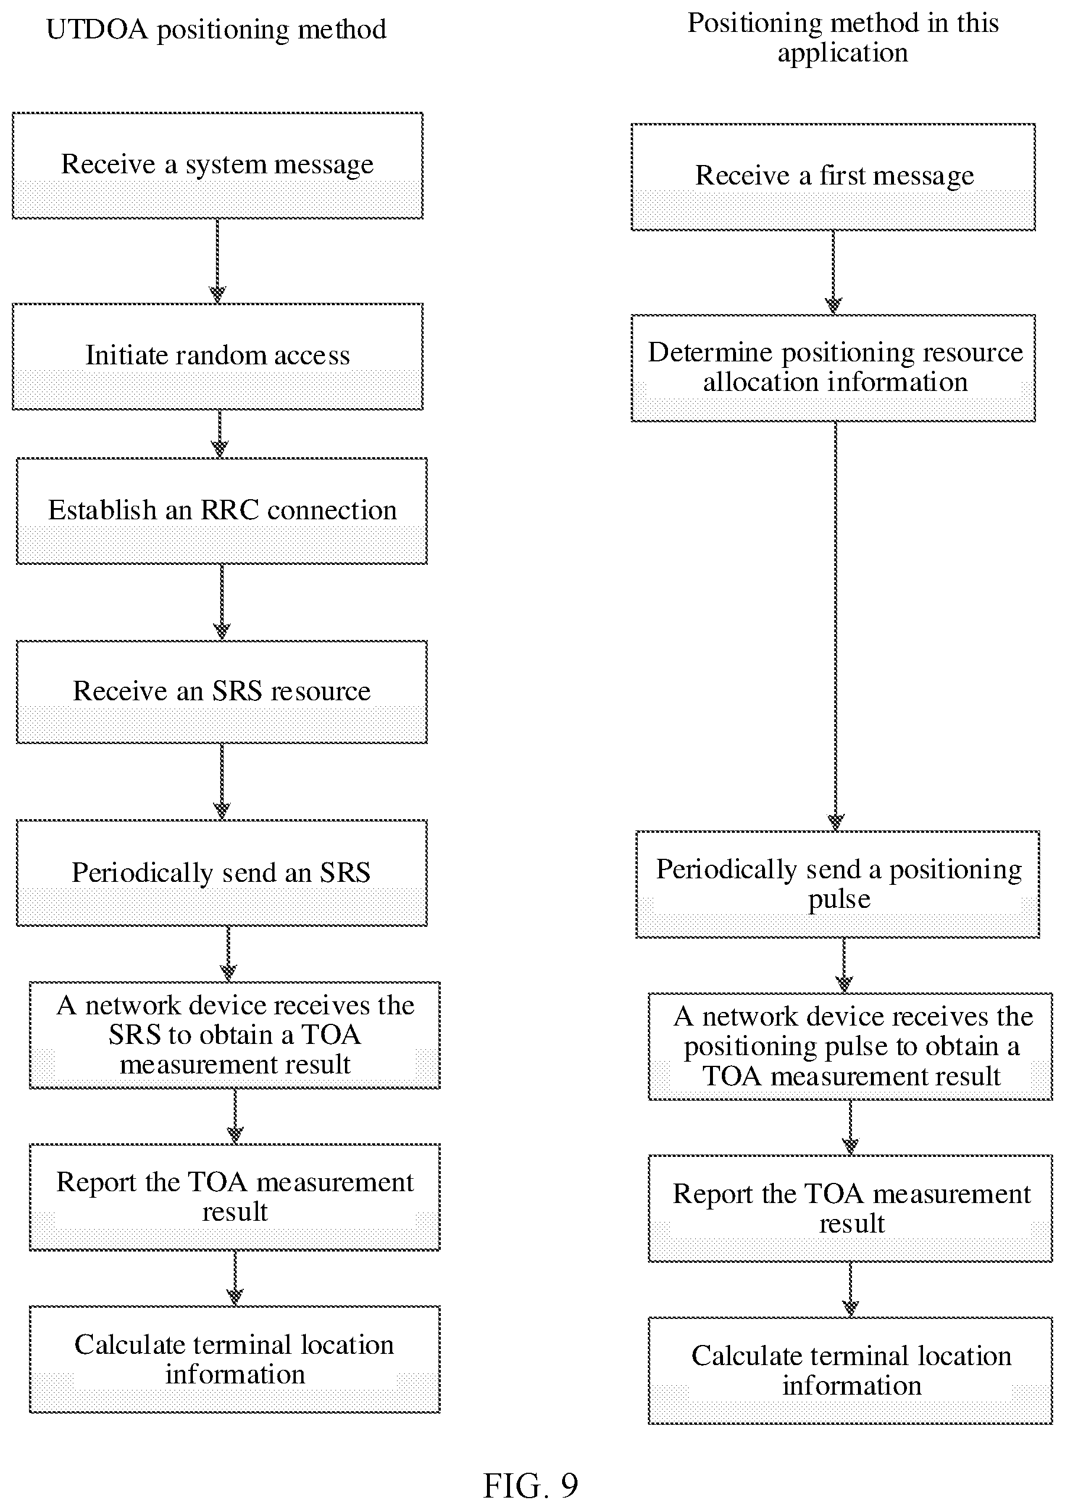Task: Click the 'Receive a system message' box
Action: [x=218, y=166]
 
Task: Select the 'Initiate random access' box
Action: [x=218, y=357]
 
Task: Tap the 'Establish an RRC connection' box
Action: [x=222, y=511]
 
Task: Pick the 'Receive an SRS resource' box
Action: [x=222, y=692]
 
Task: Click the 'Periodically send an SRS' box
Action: [x=222, y=873]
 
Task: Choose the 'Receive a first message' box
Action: [x=834, y=177]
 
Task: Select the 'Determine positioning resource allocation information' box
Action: [x=834, y=368]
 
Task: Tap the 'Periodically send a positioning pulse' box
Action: [x=837, y=885]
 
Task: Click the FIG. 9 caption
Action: [x=531, y=1485]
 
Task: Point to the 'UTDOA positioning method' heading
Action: [x=217, y=30]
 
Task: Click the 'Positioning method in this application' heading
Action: [x=843, y=37]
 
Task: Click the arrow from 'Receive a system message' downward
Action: [x=218, y=261]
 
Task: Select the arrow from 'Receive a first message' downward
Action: [x=834, y=273]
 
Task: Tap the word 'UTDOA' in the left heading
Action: [x=98, y=30]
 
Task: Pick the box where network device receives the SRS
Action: [x=235, y=1035]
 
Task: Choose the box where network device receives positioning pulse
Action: [x=851, y=1046]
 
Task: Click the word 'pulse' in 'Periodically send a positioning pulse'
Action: [x=840, y=900]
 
